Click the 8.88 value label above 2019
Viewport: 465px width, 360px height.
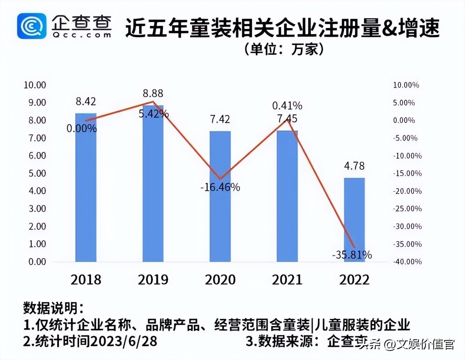tap(153, 93)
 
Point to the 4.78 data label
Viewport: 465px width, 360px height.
tap(354, 166)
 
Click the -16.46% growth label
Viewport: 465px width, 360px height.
tap(220, 187)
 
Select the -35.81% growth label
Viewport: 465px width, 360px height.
tap(352, 255)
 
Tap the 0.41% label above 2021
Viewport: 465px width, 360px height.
tap(287, 106)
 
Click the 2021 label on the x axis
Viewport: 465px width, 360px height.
tap(287, 280)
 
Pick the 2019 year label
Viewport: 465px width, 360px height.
tap(153, 280)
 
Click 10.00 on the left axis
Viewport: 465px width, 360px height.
tap(35, 85)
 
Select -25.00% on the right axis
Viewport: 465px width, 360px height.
tap(407, 209)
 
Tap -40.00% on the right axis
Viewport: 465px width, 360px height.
tap(407, 262)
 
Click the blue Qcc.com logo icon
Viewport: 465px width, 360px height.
tap(31, 26)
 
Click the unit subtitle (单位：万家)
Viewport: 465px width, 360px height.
tap(284, 49)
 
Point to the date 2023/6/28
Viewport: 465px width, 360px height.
tap(124, 341)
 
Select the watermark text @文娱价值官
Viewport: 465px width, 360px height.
tap(420, 345)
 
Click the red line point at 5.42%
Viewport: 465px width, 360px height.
tap(153, 102)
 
